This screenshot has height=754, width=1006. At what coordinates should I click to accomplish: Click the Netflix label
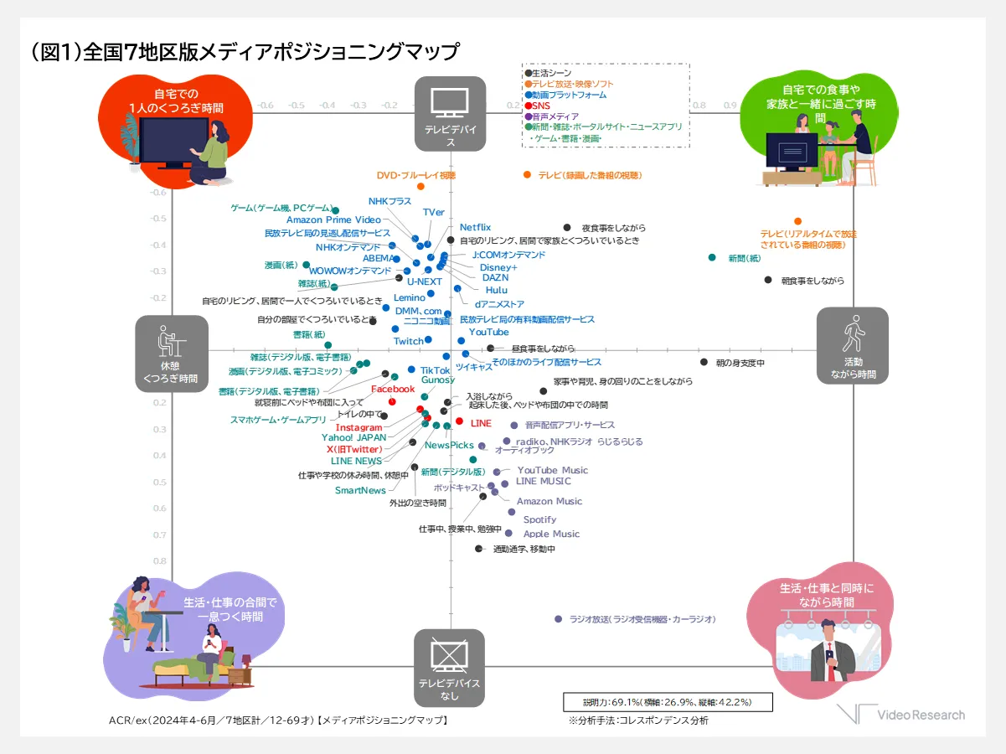click(x=475, y=227)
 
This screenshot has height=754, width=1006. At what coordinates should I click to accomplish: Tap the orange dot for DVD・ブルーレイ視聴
click(x=420, y=187)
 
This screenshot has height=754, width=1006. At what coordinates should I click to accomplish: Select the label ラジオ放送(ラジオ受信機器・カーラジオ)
click(x=642, y=619)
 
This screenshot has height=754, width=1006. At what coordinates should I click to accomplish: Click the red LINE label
click(x=481, y=423)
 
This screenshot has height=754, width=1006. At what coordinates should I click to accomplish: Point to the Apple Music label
click(x=551, y=534)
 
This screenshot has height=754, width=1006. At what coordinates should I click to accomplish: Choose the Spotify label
click(x=539, y=519)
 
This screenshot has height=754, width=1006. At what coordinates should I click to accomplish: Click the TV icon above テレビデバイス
click(x=450, y=101)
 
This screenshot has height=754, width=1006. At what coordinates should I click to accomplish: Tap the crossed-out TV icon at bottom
click(x=450, y=653)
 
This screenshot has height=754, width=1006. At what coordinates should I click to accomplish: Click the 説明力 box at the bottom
click(x=667, y=701)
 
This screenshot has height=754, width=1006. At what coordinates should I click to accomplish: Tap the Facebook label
click(x=393, y=389)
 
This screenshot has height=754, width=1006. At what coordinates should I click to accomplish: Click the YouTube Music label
click(x=552, y=470)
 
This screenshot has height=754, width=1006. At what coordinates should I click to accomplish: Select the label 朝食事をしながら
click(x=813, y=281)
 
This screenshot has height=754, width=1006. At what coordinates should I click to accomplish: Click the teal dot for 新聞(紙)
click(x=712, y=257)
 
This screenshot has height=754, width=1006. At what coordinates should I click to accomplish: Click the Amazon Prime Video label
click(x=333, y=219)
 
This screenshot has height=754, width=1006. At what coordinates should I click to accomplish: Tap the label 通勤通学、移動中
click(x=524, y=549)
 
